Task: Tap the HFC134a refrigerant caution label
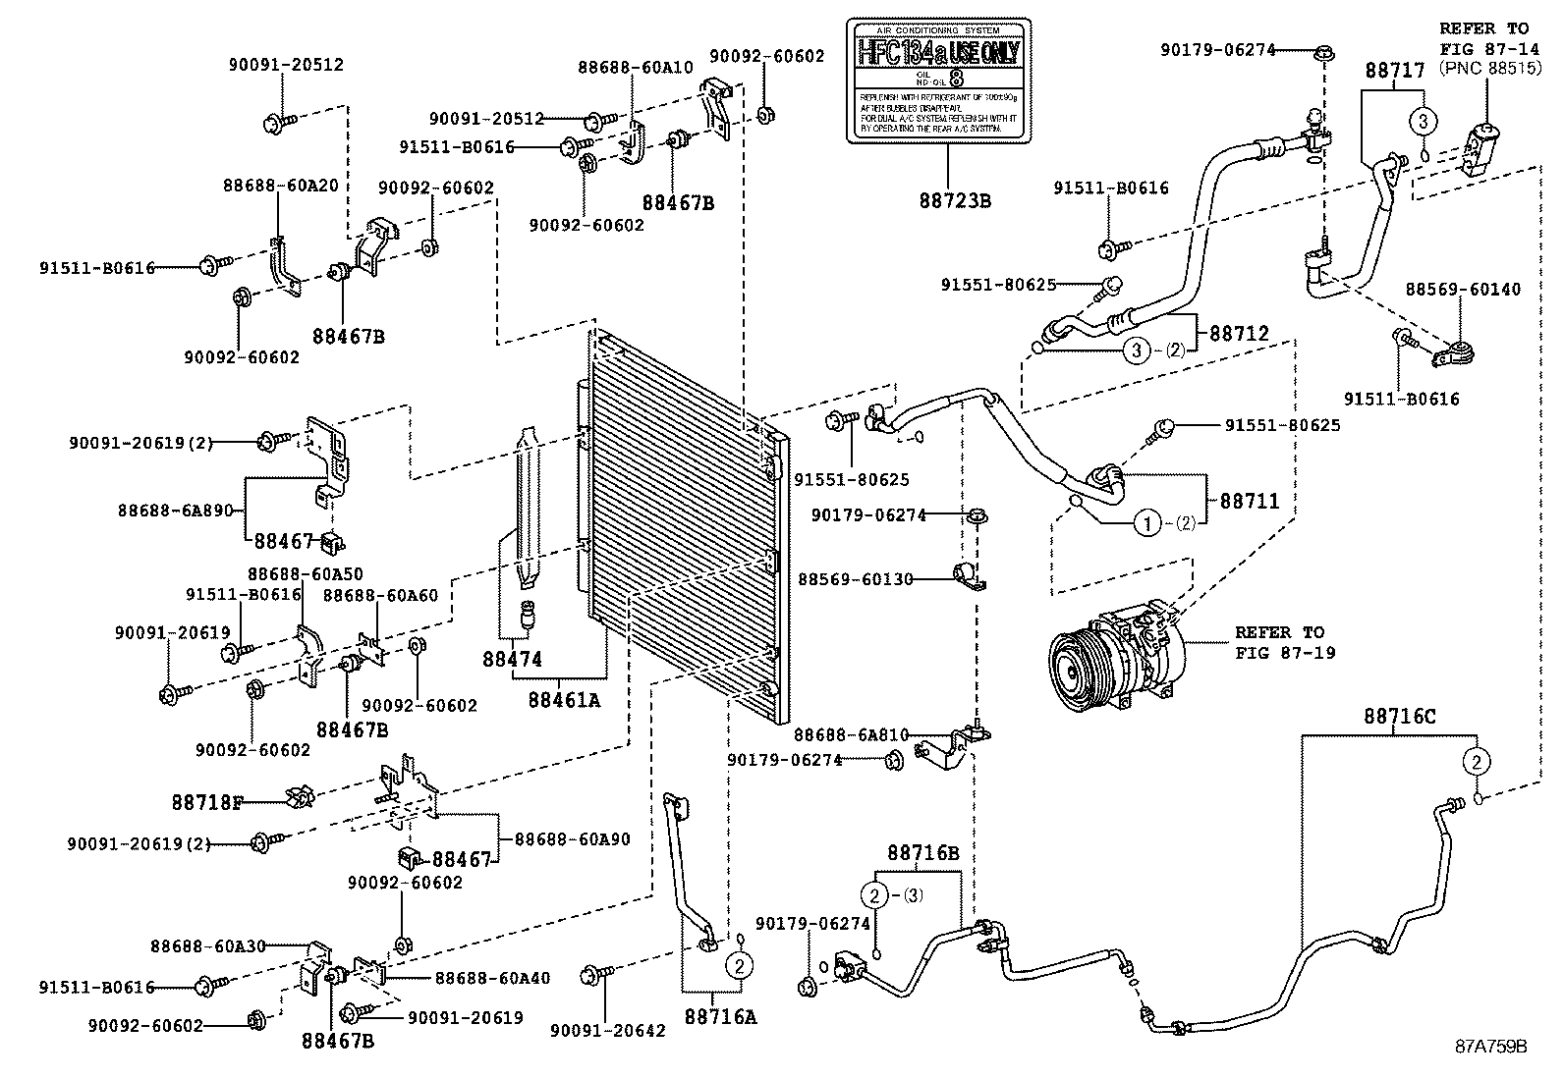click(938, 81)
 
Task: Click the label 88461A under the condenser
click(563, 700)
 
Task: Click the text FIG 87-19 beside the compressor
click(1285, 652)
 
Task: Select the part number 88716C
click(1399, 718)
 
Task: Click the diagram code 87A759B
click(1491, 1047)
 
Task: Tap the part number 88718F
click(206, 802)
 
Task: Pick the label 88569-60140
click(1462, 290)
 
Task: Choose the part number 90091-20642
click(607, 1030)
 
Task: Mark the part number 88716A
click(720, 1016)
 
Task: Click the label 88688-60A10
click(636, 68)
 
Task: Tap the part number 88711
click(1250, 501)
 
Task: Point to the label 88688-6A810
click(851, 734)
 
